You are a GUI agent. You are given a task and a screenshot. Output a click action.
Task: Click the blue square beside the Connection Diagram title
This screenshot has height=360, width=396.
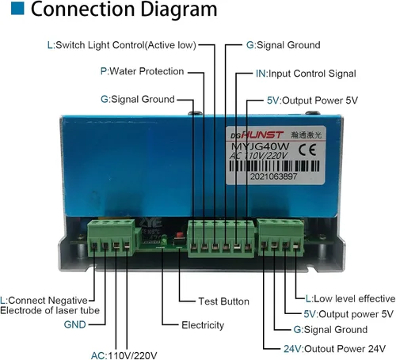(x=17, y=8)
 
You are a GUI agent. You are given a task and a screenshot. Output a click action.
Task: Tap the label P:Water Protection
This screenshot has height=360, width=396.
(x=142, y=71)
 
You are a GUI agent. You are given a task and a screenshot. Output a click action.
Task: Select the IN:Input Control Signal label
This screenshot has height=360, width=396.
(x=306, y=74)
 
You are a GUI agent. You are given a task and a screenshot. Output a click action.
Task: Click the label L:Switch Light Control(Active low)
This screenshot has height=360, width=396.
(x=122, y=45)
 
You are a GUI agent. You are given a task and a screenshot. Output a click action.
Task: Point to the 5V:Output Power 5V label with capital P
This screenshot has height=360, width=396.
(x=312, y=100)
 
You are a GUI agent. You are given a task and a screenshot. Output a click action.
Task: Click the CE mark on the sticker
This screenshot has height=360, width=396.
(x=307, y=150)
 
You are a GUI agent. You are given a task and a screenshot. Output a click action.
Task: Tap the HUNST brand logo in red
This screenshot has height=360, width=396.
(x=262, y=135)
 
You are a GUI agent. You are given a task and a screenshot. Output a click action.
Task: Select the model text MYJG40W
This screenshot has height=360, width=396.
(x=261, y=146)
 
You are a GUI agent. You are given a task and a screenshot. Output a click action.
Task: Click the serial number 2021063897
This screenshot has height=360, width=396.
(x=273, y=176)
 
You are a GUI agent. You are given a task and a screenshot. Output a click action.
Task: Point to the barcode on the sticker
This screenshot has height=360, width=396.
(x=274, y=166)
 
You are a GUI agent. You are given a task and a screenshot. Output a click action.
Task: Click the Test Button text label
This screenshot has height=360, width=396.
(x=223, y=301)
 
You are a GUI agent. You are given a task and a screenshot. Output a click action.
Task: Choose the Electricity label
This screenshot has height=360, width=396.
(x=203, y=325)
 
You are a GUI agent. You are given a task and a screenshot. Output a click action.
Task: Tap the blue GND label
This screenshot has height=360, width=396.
(x=75, y=324)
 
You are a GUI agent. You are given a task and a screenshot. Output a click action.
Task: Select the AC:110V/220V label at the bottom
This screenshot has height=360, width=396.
(x=124, y=355)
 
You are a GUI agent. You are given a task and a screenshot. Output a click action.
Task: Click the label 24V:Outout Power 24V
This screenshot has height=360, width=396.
(x=334, y=349)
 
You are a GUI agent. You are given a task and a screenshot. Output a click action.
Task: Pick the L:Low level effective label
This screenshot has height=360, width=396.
(x=350, y=299)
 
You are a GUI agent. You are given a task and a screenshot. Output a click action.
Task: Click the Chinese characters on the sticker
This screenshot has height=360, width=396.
(x=307, y=135)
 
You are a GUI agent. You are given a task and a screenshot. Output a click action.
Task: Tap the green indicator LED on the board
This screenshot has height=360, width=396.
(x=164, y=240)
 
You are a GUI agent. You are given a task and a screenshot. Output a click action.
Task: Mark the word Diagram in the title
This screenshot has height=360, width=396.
(x=179, y=9)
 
